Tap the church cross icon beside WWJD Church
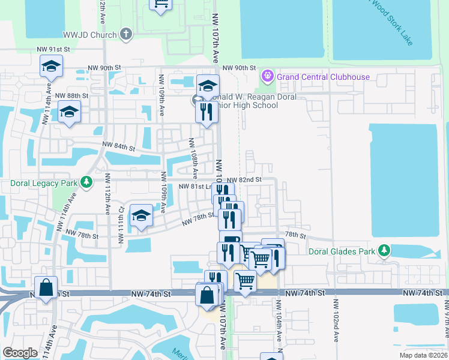[x=125, y=34]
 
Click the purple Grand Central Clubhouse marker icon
[x=267, y=77]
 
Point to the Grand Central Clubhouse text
[x=323, y=77]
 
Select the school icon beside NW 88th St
[x=70, y=112]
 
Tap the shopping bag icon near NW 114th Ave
[x=46, y=288]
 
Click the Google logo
[x=20, y=353]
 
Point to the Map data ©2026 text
[x=423, y=355]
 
